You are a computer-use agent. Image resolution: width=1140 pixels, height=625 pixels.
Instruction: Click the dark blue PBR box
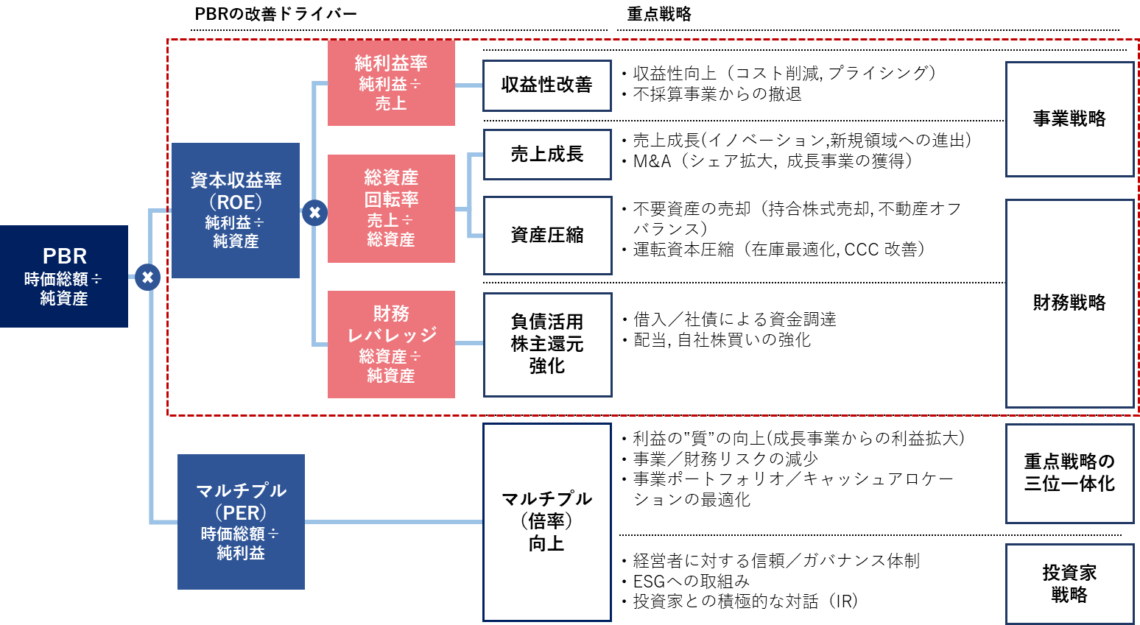point(64,276)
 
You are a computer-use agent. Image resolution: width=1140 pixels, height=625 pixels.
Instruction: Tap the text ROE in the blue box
point(236,202)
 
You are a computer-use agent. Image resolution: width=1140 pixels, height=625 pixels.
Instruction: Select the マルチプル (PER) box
point(241,521)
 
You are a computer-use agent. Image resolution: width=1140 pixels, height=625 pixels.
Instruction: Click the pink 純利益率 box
point(391,83)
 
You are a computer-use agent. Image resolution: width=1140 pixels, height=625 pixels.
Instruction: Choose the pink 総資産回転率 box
point(391,208)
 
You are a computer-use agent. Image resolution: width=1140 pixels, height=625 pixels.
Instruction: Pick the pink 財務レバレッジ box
point(391,345)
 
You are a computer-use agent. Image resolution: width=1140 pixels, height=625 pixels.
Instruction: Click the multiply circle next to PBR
point(147,277)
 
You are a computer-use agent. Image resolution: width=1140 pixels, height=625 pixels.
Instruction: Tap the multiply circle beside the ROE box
point(314,213)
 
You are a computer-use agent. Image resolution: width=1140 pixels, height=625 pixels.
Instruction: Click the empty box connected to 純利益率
point(547,85)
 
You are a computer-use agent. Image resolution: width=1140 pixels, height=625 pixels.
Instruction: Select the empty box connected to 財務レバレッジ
point(547,345)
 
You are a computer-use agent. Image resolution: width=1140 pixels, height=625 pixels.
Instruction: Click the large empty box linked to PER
point(547,521)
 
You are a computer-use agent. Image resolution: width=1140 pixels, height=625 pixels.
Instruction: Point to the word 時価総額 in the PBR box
point(56,279)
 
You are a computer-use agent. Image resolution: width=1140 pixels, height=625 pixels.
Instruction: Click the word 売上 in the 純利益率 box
point(391,104)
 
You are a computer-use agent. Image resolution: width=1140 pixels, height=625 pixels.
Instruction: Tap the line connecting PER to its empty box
point(393,521)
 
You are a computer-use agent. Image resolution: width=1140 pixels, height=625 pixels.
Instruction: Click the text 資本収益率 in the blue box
point(236,180)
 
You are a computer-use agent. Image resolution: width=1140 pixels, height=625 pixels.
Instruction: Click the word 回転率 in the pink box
point(391,199)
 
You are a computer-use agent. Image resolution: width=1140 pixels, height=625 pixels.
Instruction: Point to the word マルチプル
point(241,491)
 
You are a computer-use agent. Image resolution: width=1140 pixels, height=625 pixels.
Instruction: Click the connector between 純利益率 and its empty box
point(468,85)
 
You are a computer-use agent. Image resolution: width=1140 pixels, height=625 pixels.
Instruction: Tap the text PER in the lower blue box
point(241,513)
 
